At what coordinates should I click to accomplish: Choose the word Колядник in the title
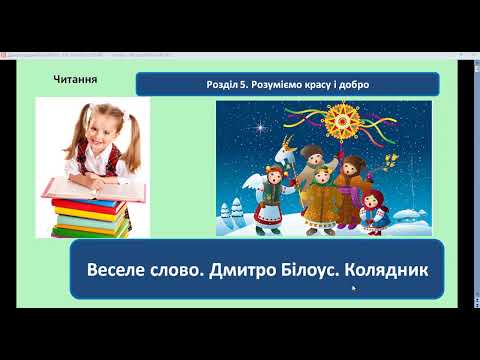pos(385,269)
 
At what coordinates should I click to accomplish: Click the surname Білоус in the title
pos(316,269)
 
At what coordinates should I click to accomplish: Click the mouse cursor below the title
pos(353,290)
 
